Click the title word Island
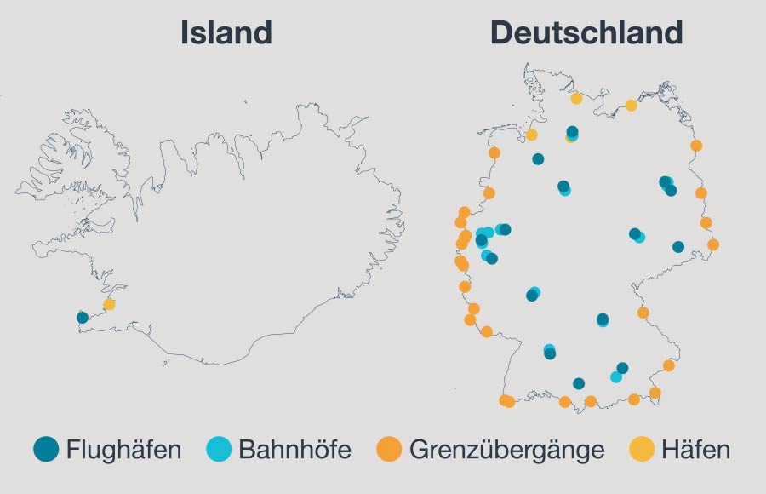(x=226, y=32)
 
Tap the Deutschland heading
(x=586, y=32)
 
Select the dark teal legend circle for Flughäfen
(x=46, y=449)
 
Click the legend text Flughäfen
(x=123, y=450)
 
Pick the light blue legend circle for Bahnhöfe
(x=219, y=449)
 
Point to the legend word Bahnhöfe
(x=294, y=450)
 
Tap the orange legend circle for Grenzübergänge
(x=389, y=449)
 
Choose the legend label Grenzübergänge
(x=506, y=450)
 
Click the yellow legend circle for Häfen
(x=642, y=449)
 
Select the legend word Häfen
(x=697, y=450)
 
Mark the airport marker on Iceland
(x=83, y=318)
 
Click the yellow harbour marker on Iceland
(x=109, y=304)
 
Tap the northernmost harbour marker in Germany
(x=576, y=98)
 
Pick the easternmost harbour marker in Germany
(x=631, y=106)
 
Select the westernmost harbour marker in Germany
(x=531, y=135)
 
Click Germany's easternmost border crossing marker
(x=713, y=244)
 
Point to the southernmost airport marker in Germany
(x=579, y=383)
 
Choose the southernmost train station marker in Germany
(x=616, y=376)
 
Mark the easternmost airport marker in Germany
(x=678, y=247)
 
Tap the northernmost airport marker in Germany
(x=572, y=132)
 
